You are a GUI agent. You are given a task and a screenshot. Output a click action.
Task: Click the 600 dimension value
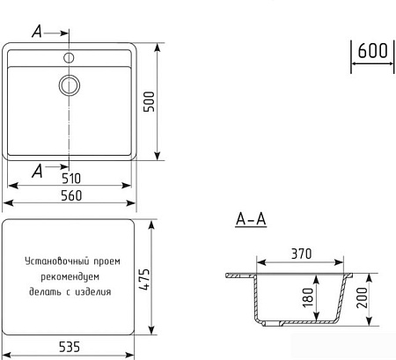372,50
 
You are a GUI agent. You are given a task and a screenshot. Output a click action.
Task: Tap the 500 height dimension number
149,101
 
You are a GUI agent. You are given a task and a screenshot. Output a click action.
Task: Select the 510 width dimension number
71,179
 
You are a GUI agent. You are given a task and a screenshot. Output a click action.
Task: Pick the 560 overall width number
71,195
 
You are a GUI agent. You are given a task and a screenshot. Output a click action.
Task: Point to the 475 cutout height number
144,279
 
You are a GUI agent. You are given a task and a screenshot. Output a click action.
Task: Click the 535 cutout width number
70,347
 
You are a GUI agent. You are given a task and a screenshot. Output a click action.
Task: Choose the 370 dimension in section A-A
302,253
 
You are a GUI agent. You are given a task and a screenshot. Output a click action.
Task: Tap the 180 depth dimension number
308,298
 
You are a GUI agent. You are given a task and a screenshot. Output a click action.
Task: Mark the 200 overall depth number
362,298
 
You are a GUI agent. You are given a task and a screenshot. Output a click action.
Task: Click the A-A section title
251,219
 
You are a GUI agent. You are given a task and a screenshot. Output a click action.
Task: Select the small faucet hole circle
69,58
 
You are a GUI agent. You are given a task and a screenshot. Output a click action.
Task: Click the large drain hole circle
70,85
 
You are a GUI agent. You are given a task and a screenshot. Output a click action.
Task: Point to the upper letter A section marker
37,31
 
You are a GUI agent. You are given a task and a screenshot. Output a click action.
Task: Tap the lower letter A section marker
37,171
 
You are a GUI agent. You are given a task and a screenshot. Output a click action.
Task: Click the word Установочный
57,261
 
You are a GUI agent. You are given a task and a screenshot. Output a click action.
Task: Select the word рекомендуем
70,276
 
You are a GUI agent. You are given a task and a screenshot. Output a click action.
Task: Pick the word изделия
93,292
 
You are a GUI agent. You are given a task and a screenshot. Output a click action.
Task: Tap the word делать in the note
46,292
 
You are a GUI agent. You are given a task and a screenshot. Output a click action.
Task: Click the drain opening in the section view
272,324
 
